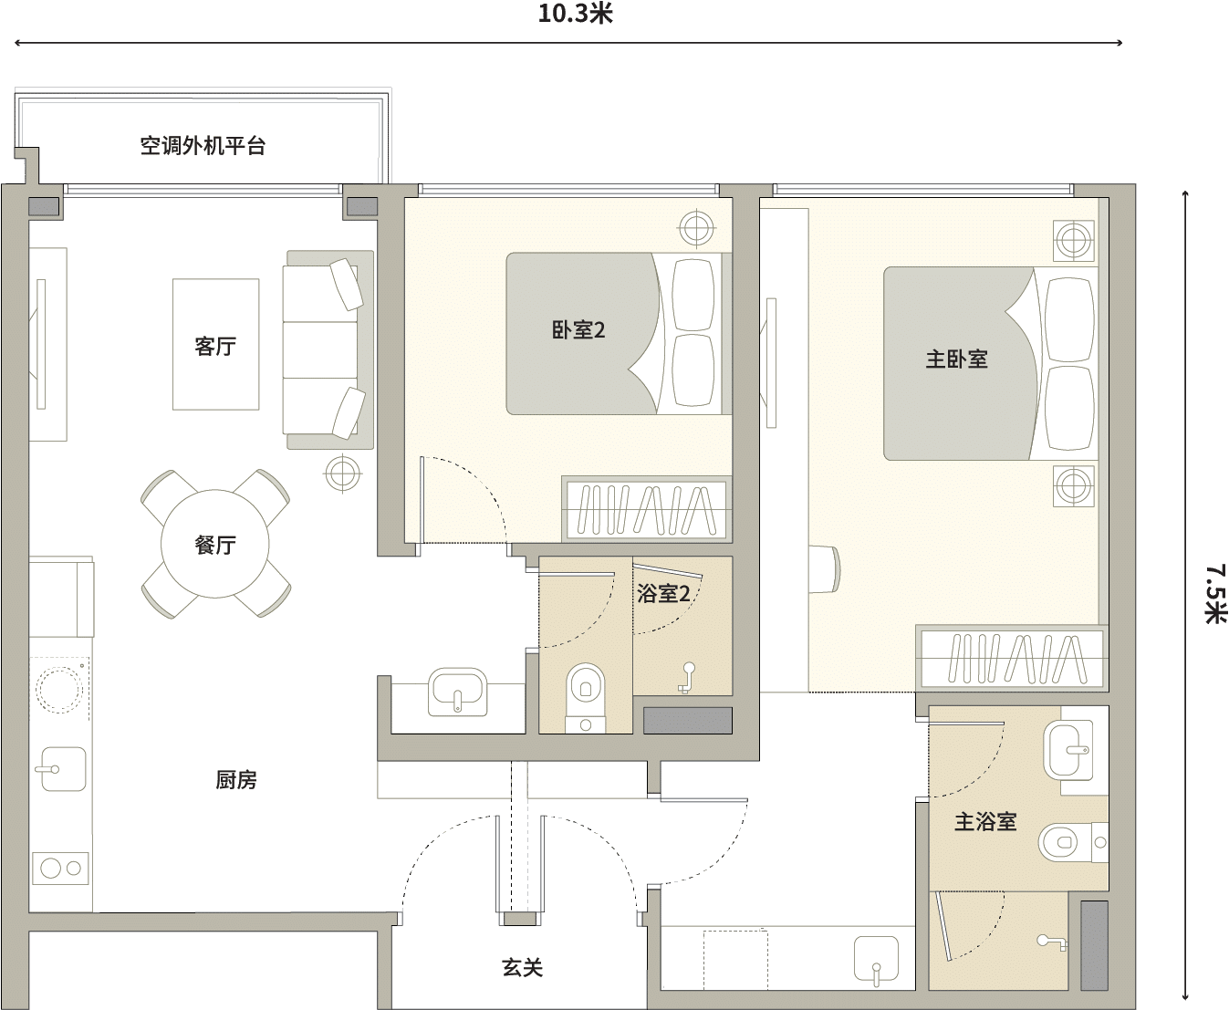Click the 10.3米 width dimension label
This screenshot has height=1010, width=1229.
(575, 14)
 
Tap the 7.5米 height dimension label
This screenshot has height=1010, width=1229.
(1215, 593)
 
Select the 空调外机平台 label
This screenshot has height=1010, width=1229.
(203, 146)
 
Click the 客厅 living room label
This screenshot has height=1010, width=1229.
(215, 346)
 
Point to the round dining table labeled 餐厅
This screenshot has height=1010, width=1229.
(215, 544)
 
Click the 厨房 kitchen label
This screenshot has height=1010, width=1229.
(236, 780)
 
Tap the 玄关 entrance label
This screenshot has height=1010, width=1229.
(522, 968)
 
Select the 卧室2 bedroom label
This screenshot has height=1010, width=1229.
(578, 330)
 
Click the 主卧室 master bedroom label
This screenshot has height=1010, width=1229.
(957, 359)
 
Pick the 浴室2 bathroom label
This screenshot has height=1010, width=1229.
(663, 594)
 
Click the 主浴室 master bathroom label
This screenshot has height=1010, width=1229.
(985, 822)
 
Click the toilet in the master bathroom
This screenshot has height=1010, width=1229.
(1073, 843)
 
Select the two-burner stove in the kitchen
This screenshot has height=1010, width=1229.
(60, 869)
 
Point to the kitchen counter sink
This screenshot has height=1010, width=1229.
(64, 769)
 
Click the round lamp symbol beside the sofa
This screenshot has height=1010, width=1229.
(343, 473)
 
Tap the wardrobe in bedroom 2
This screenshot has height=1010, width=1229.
(647, 509)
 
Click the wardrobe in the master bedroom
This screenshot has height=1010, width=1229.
(1012, 659)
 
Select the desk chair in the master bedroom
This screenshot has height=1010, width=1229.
(826, 568)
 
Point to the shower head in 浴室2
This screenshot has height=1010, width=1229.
(686, 678)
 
